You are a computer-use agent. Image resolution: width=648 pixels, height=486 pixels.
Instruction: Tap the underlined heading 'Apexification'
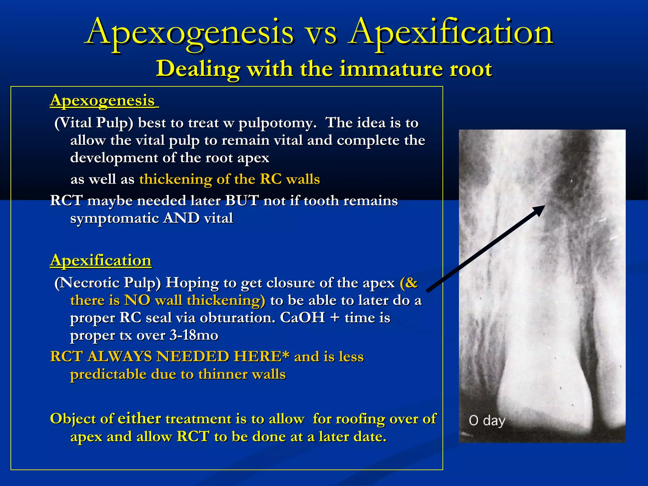(101, 261)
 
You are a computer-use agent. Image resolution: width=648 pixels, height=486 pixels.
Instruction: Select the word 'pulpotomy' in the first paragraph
(277, 123)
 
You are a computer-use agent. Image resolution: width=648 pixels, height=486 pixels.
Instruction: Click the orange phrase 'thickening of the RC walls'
(229, 179)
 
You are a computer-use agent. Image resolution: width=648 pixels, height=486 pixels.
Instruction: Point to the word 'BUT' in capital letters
(242, 201)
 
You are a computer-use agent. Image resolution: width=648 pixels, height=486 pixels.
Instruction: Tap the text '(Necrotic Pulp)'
(108, 283)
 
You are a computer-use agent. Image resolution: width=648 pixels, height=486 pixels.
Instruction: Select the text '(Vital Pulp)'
(94, 123)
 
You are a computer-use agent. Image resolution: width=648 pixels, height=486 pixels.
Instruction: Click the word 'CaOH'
(302, 318)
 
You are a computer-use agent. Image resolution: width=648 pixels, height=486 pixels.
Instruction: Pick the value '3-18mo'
(194, 335)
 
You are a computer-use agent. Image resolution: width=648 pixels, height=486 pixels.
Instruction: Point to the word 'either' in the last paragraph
(139, 419)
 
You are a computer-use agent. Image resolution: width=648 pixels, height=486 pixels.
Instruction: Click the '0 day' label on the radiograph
(487, 421)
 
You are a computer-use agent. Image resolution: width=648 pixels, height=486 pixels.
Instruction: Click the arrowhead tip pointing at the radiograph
(543, 207)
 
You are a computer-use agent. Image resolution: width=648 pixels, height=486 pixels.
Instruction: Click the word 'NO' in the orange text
(137, 300)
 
